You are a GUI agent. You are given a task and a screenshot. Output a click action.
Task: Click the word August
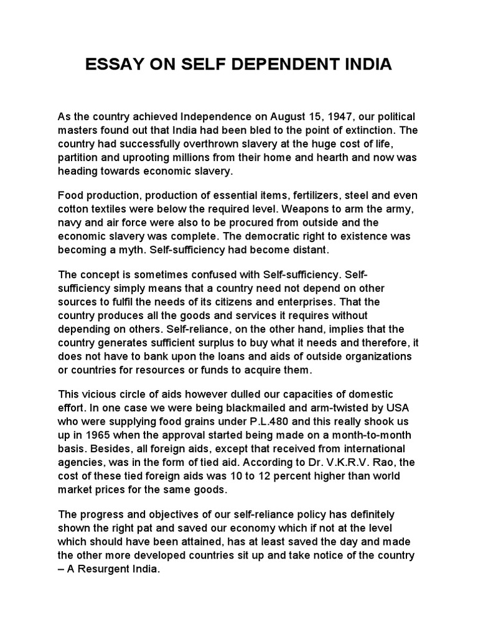point(270,116)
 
